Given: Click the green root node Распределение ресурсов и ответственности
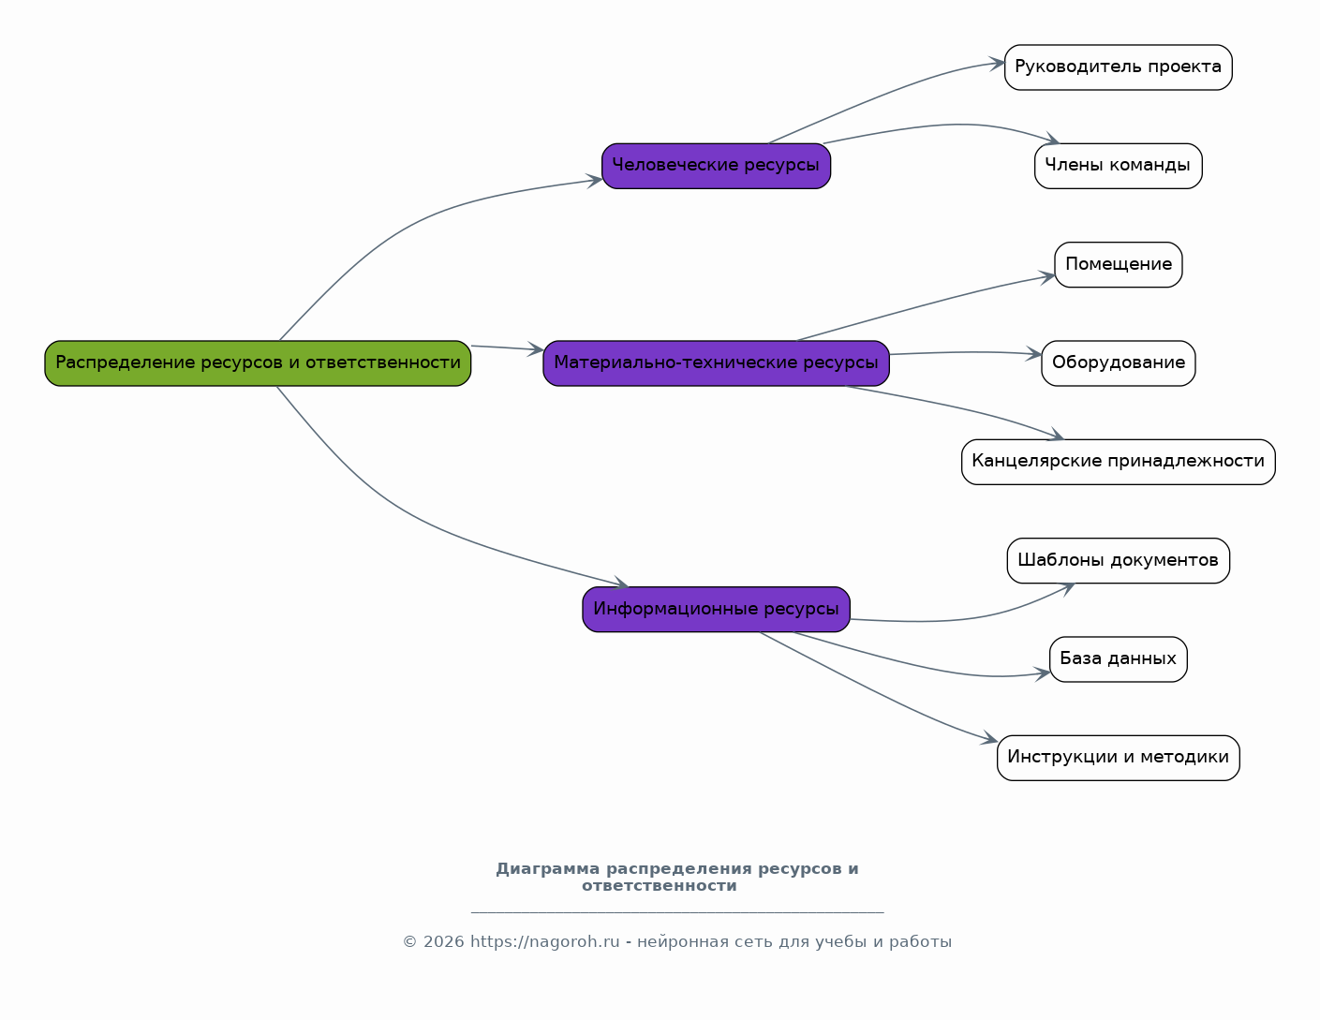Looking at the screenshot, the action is tap(258, 363).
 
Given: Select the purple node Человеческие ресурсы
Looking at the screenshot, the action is tap(716, 166).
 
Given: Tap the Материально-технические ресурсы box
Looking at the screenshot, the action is tap(716, 363).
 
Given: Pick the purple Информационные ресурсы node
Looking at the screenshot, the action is tap(716, 609).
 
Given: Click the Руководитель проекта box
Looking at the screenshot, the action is tap(1119, 67).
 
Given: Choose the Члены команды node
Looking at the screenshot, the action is tap(1119, 166).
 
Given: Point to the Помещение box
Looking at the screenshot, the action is tap(1119, 265).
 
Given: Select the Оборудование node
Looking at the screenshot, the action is tap(1119, 363).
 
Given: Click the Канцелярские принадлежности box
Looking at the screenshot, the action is tap(1119, 462).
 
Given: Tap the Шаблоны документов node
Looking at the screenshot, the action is tap(1119, 560).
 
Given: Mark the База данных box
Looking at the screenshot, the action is tap(1119, 659).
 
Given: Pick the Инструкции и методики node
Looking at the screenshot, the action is tap(1119, 758).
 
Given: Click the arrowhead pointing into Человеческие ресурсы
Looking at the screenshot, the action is tap(595, 181).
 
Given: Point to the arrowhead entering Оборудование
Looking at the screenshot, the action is tap(1034, 354).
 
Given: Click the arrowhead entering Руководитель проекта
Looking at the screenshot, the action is tap(997, 63).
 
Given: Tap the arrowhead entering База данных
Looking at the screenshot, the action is tap(1043, 673).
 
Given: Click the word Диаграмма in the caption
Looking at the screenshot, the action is tap(548, 869).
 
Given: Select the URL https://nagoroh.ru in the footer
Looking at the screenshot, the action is tap(545, 941).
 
